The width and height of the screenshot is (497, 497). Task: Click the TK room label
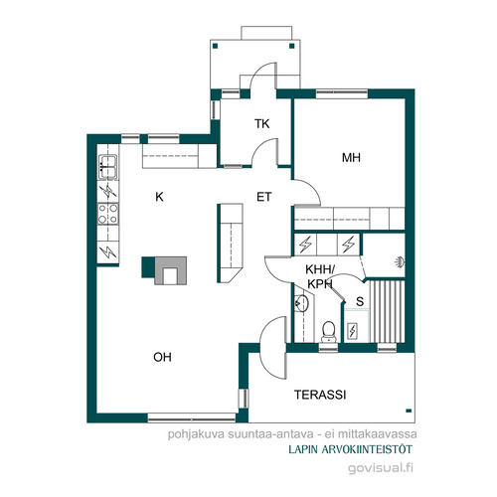(261, 124)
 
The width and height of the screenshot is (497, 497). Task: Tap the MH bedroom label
(351, 158)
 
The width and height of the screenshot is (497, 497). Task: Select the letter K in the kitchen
(159, 197)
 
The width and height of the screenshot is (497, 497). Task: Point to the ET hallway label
(264, 197)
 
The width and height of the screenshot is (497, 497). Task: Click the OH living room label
(162, 357)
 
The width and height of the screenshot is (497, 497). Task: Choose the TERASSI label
(320, 395)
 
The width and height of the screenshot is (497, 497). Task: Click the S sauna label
(360, 301)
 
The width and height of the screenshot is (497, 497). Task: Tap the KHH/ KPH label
(320, 276)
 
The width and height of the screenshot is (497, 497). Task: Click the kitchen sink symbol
(108, 167)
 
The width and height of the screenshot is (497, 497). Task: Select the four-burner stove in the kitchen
(108, 214)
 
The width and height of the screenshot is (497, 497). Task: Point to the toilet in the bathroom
(329, 332)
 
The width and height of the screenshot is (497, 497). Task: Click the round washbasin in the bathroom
(301, 302)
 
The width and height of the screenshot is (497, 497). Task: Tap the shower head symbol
(400, 262)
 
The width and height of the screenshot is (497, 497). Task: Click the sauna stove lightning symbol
(352, 330)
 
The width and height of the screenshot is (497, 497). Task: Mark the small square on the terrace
(409, 411)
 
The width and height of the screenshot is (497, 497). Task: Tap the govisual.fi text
(381, 468)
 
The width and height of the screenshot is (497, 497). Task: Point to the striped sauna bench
(388, 311)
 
